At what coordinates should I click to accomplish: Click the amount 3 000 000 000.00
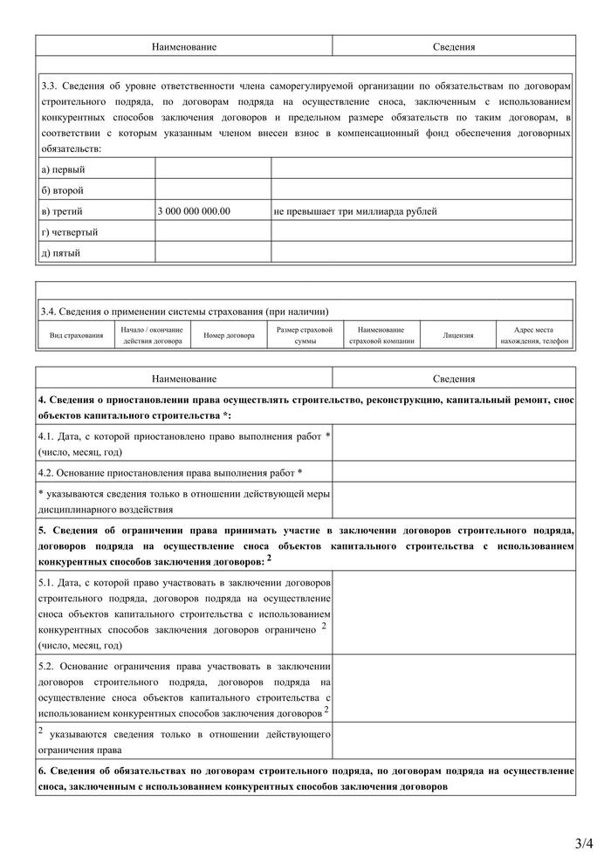tap(195, 211)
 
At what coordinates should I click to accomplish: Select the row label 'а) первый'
tap(63, 169)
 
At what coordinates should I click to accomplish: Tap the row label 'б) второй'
tap(63, 190)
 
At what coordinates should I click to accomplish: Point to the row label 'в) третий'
tap(63, 211)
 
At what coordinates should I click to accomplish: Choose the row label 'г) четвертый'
tap(70, 232)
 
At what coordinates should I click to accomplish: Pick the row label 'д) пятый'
tap(61, 253)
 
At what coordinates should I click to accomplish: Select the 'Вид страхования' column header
tap(76, 335)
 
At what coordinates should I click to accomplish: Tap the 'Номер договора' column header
tap(229, 335)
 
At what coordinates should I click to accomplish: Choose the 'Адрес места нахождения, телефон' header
tap(533, 335)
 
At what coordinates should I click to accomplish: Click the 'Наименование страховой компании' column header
tap(381, 335)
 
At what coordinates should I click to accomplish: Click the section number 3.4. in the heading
tap(49, 311)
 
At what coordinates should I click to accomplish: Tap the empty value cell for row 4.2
tap(454, 472)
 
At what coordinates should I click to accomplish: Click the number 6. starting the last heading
tap(42, 771)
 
